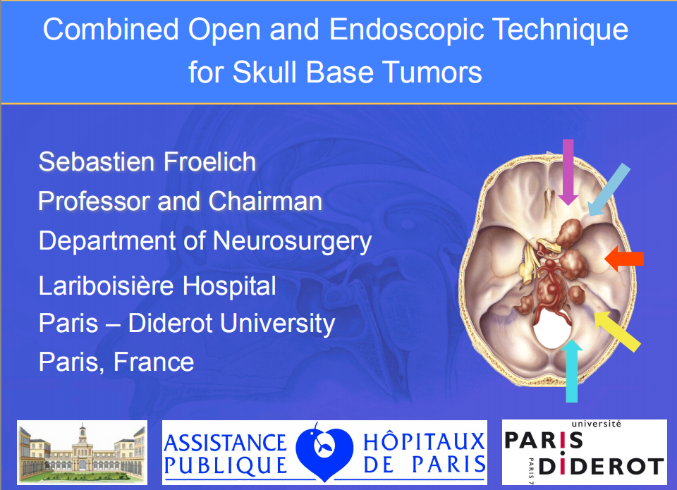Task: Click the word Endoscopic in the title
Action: (x=406, y=30)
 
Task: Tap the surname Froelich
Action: (x=209, y=161)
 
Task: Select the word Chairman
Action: (x=266, y=201)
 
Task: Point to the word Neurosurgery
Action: (x=292, y=242)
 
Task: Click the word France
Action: (x=154, y=362)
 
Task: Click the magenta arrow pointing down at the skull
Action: (x=568, y=172)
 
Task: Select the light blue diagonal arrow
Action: (x=609, y=190)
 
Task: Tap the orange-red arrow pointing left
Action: (x=624, y=259)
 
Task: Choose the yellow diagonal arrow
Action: (x=617, y=331)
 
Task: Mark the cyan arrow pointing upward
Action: (x=572, y=371)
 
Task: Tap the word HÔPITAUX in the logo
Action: (x=424, y=441)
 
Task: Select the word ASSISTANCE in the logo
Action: (x=225, y=443)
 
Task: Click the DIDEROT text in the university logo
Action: (x=602, y=467)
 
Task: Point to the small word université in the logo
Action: (x=597, y=424)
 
